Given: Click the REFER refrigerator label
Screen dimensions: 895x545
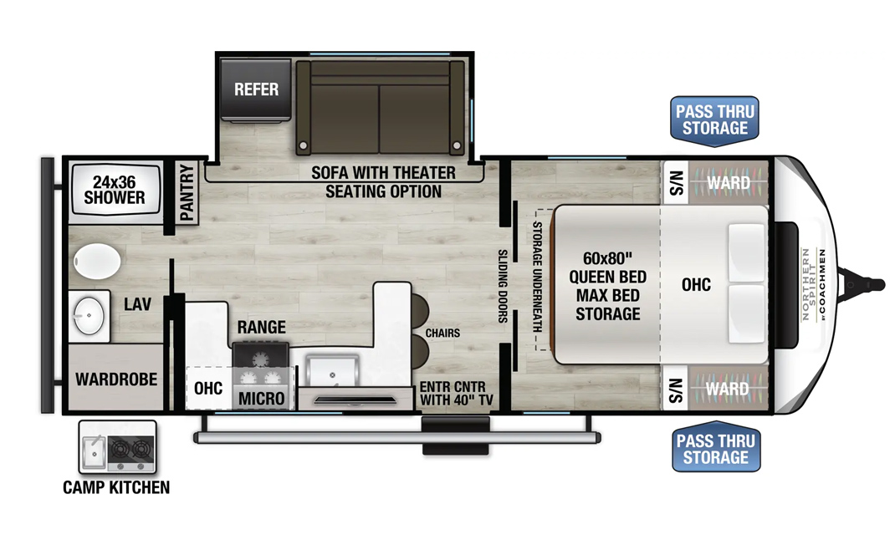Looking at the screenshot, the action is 256,89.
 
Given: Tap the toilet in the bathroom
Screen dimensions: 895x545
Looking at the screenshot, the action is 96,262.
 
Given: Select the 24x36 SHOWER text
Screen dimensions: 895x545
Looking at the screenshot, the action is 114,190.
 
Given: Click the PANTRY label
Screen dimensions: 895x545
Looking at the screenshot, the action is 187,192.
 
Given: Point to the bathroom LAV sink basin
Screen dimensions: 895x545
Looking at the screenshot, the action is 89,315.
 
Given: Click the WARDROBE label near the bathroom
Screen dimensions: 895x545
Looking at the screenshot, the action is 116,379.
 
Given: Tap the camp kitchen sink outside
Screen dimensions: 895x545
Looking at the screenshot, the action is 93,449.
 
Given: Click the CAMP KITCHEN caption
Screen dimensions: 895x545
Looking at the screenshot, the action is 116,487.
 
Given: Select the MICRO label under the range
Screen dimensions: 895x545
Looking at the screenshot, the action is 262,399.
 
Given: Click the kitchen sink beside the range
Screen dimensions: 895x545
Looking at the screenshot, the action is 332,371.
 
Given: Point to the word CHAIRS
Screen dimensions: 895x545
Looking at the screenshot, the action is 442,333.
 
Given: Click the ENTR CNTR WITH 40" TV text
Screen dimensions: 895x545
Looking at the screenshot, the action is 456,393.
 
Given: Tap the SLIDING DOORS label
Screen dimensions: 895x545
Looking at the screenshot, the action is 503,286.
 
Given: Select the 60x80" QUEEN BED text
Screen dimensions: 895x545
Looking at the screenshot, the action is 608,267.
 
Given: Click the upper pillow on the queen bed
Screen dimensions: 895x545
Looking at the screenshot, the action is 746,253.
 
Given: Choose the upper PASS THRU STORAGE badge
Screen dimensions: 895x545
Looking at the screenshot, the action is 714,120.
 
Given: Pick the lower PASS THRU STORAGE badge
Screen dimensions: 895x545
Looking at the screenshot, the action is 716,447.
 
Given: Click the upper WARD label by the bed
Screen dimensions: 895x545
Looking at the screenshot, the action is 729,182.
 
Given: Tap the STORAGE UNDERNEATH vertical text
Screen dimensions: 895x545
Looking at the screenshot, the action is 537,277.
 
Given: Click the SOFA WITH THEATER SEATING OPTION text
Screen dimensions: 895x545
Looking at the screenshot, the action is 383,181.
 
